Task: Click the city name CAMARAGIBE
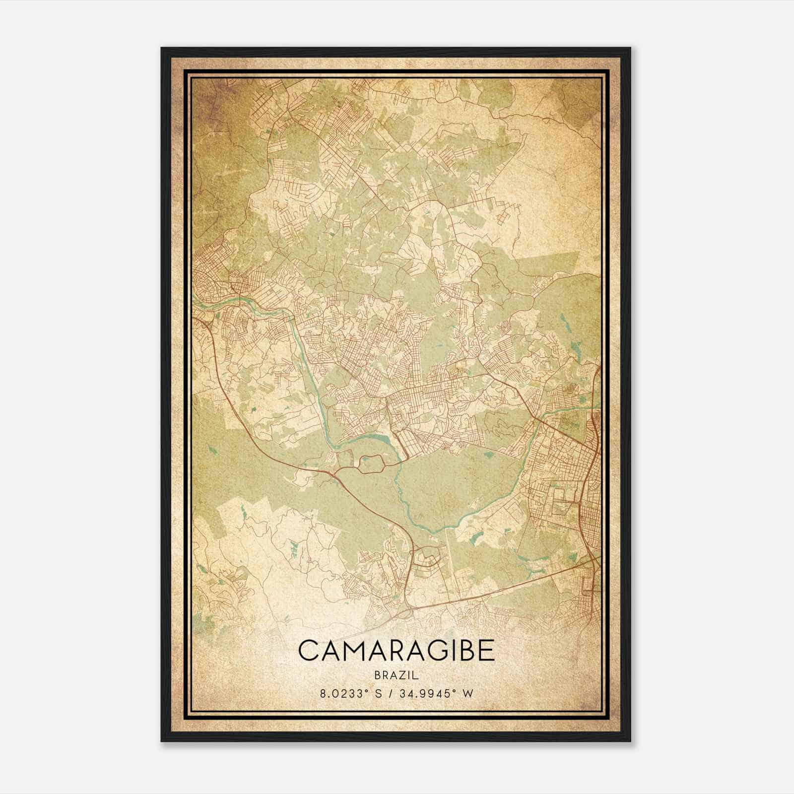click(397, 651)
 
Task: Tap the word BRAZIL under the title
click(397, 675)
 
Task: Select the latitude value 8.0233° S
click(351, 694)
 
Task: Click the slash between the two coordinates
click(393, 694)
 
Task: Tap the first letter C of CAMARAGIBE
click(308, 651)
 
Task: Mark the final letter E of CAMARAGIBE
click(487, 651)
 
